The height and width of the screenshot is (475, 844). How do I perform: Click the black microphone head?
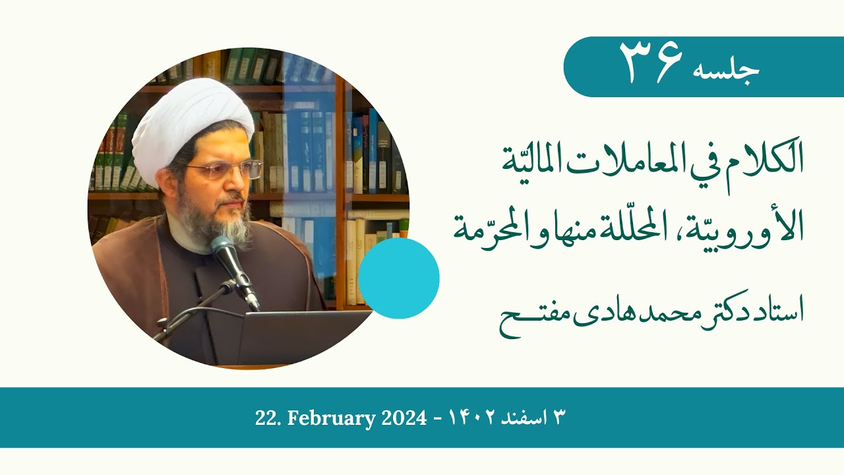click(225, 251)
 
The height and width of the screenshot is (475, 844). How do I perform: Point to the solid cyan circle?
click(399, 278)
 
